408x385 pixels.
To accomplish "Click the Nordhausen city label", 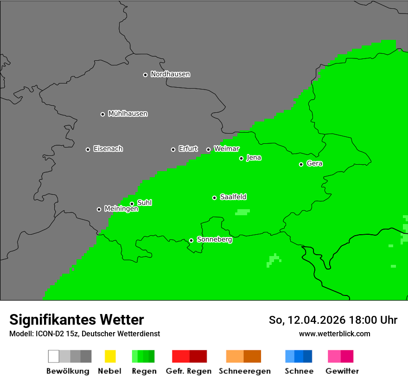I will point(170,74).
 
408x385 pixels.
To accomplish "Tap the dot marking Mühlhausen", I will point(102,114).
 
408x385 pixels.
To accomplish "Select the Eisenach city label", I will point(108,149).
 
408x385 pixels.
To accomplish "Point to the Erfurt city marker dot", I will point(173,149).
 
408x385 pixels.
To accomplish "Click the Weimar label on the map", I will point(226,149).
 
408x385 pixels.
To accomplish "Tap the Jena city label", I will point(254,158).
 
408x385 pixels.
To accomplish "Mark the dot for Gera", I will point(301,164).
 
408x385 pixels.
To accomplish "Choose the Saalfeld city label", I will point(233,197).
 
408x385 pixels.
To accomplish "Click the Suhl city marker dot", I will point(132,204).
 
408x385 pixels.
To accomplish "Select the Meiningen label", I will point(121,209).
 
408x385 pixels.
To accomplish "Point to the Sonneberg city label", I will point(214,240).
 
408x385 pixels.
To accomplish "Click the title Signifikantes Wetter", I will point(76,320).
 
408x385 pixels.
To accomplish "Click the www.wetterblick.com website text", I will point(334,334).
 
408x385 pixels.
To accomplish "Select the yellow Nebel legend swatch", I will point(110,356).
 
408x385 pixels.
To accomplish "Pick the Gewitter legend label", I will point(342,371).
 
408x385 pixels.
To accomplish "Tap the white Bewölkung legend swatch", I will point(54,356).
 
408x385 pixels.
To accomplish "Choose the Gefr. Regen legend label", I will point(189,371).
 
